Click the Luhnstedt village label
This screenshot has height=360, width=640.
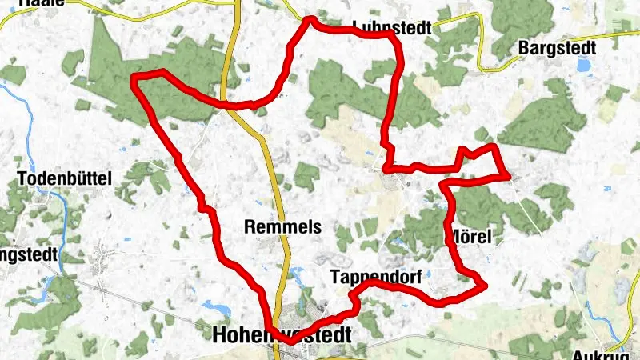pos(391,28)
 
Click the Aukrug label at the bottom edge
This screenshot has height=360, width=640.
pos(606,354)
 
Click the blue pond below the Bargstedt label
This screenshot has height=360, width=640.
pos(585,65)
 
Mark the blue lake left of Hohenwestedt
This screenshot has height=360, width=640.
pos(215,306)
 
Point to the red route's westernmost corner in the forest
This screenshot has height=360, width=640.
pos(134,78)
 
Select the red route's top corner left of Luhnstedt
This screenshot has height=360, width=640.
pos(310,19)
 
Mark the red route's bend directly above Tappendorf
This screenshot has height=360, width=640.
pos(370,283)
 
